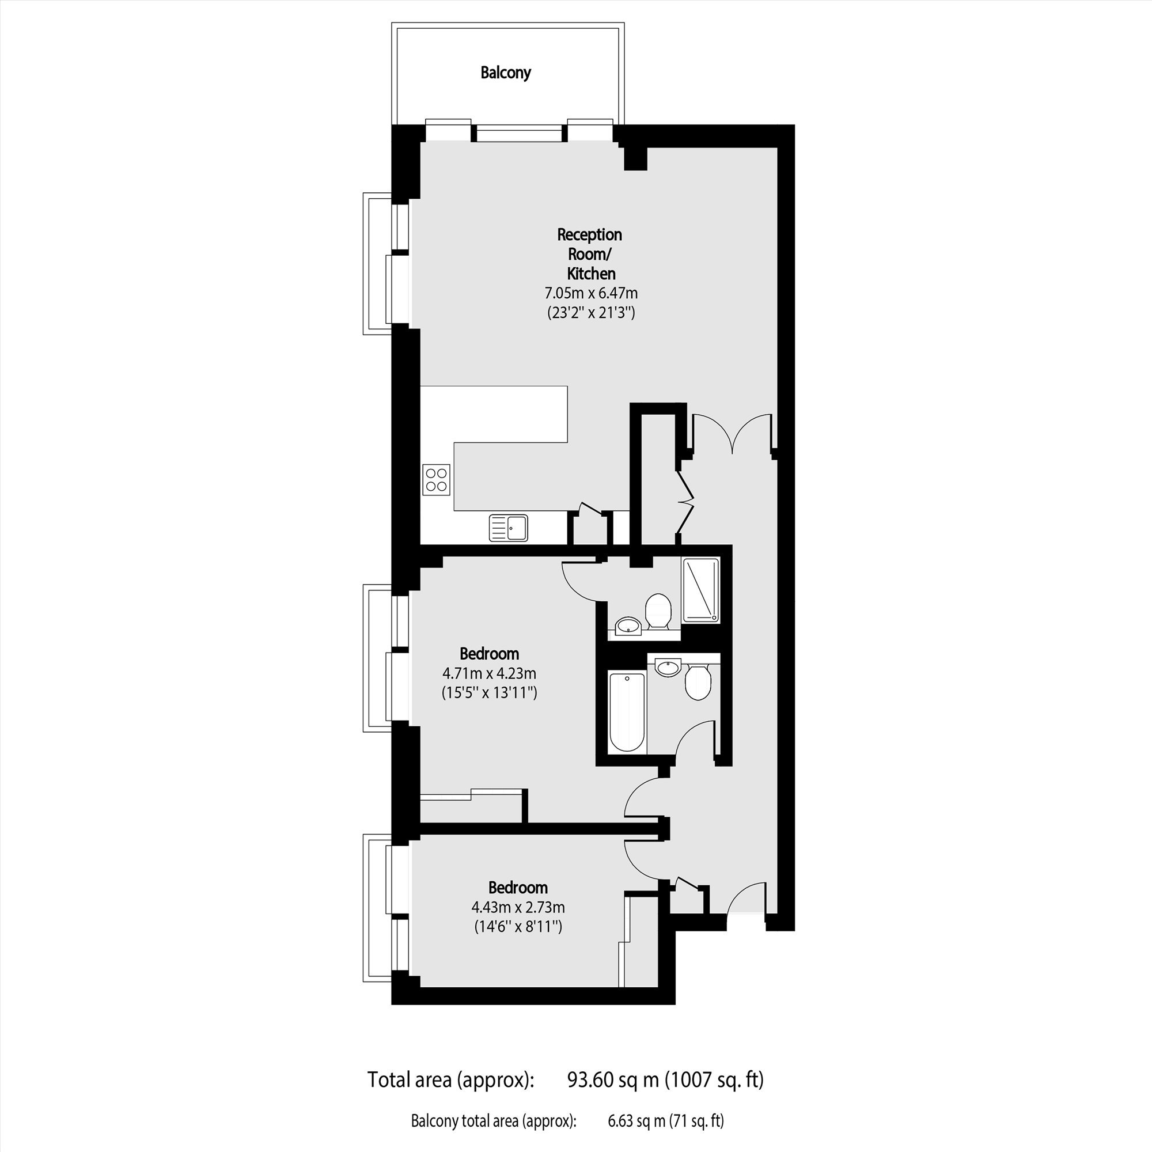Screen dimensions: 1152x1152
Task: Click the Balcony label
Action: [506, 73]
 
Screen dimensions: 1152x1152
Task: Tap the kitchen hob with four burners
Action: [436, 479]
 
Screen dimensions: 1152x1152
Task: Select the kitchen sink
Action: [508, 528]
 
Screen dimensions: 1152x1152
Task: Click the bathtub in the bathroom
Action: [627, 712]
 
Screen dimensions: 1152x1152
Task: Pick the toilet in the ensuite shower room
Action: [658, 610]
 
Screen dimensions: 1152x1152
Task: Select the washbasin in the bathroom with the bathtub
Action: [668, 666]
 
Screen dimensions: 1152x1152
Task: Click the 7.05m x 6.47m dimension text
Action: [591, 293]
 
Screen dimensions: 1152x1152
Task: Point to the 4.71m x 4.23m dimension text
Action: [489, 674]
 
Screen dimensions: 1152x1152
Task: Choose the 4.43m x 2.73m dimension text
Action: [518, 908]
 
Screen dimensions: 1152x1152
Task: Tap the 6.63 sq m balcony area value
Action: [636, 1121]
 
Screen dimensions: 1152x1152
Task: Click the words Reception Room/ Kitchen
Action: [590, 254]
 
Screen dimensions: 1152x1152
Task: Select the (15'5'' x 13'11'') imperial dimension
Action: [490, 693]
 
